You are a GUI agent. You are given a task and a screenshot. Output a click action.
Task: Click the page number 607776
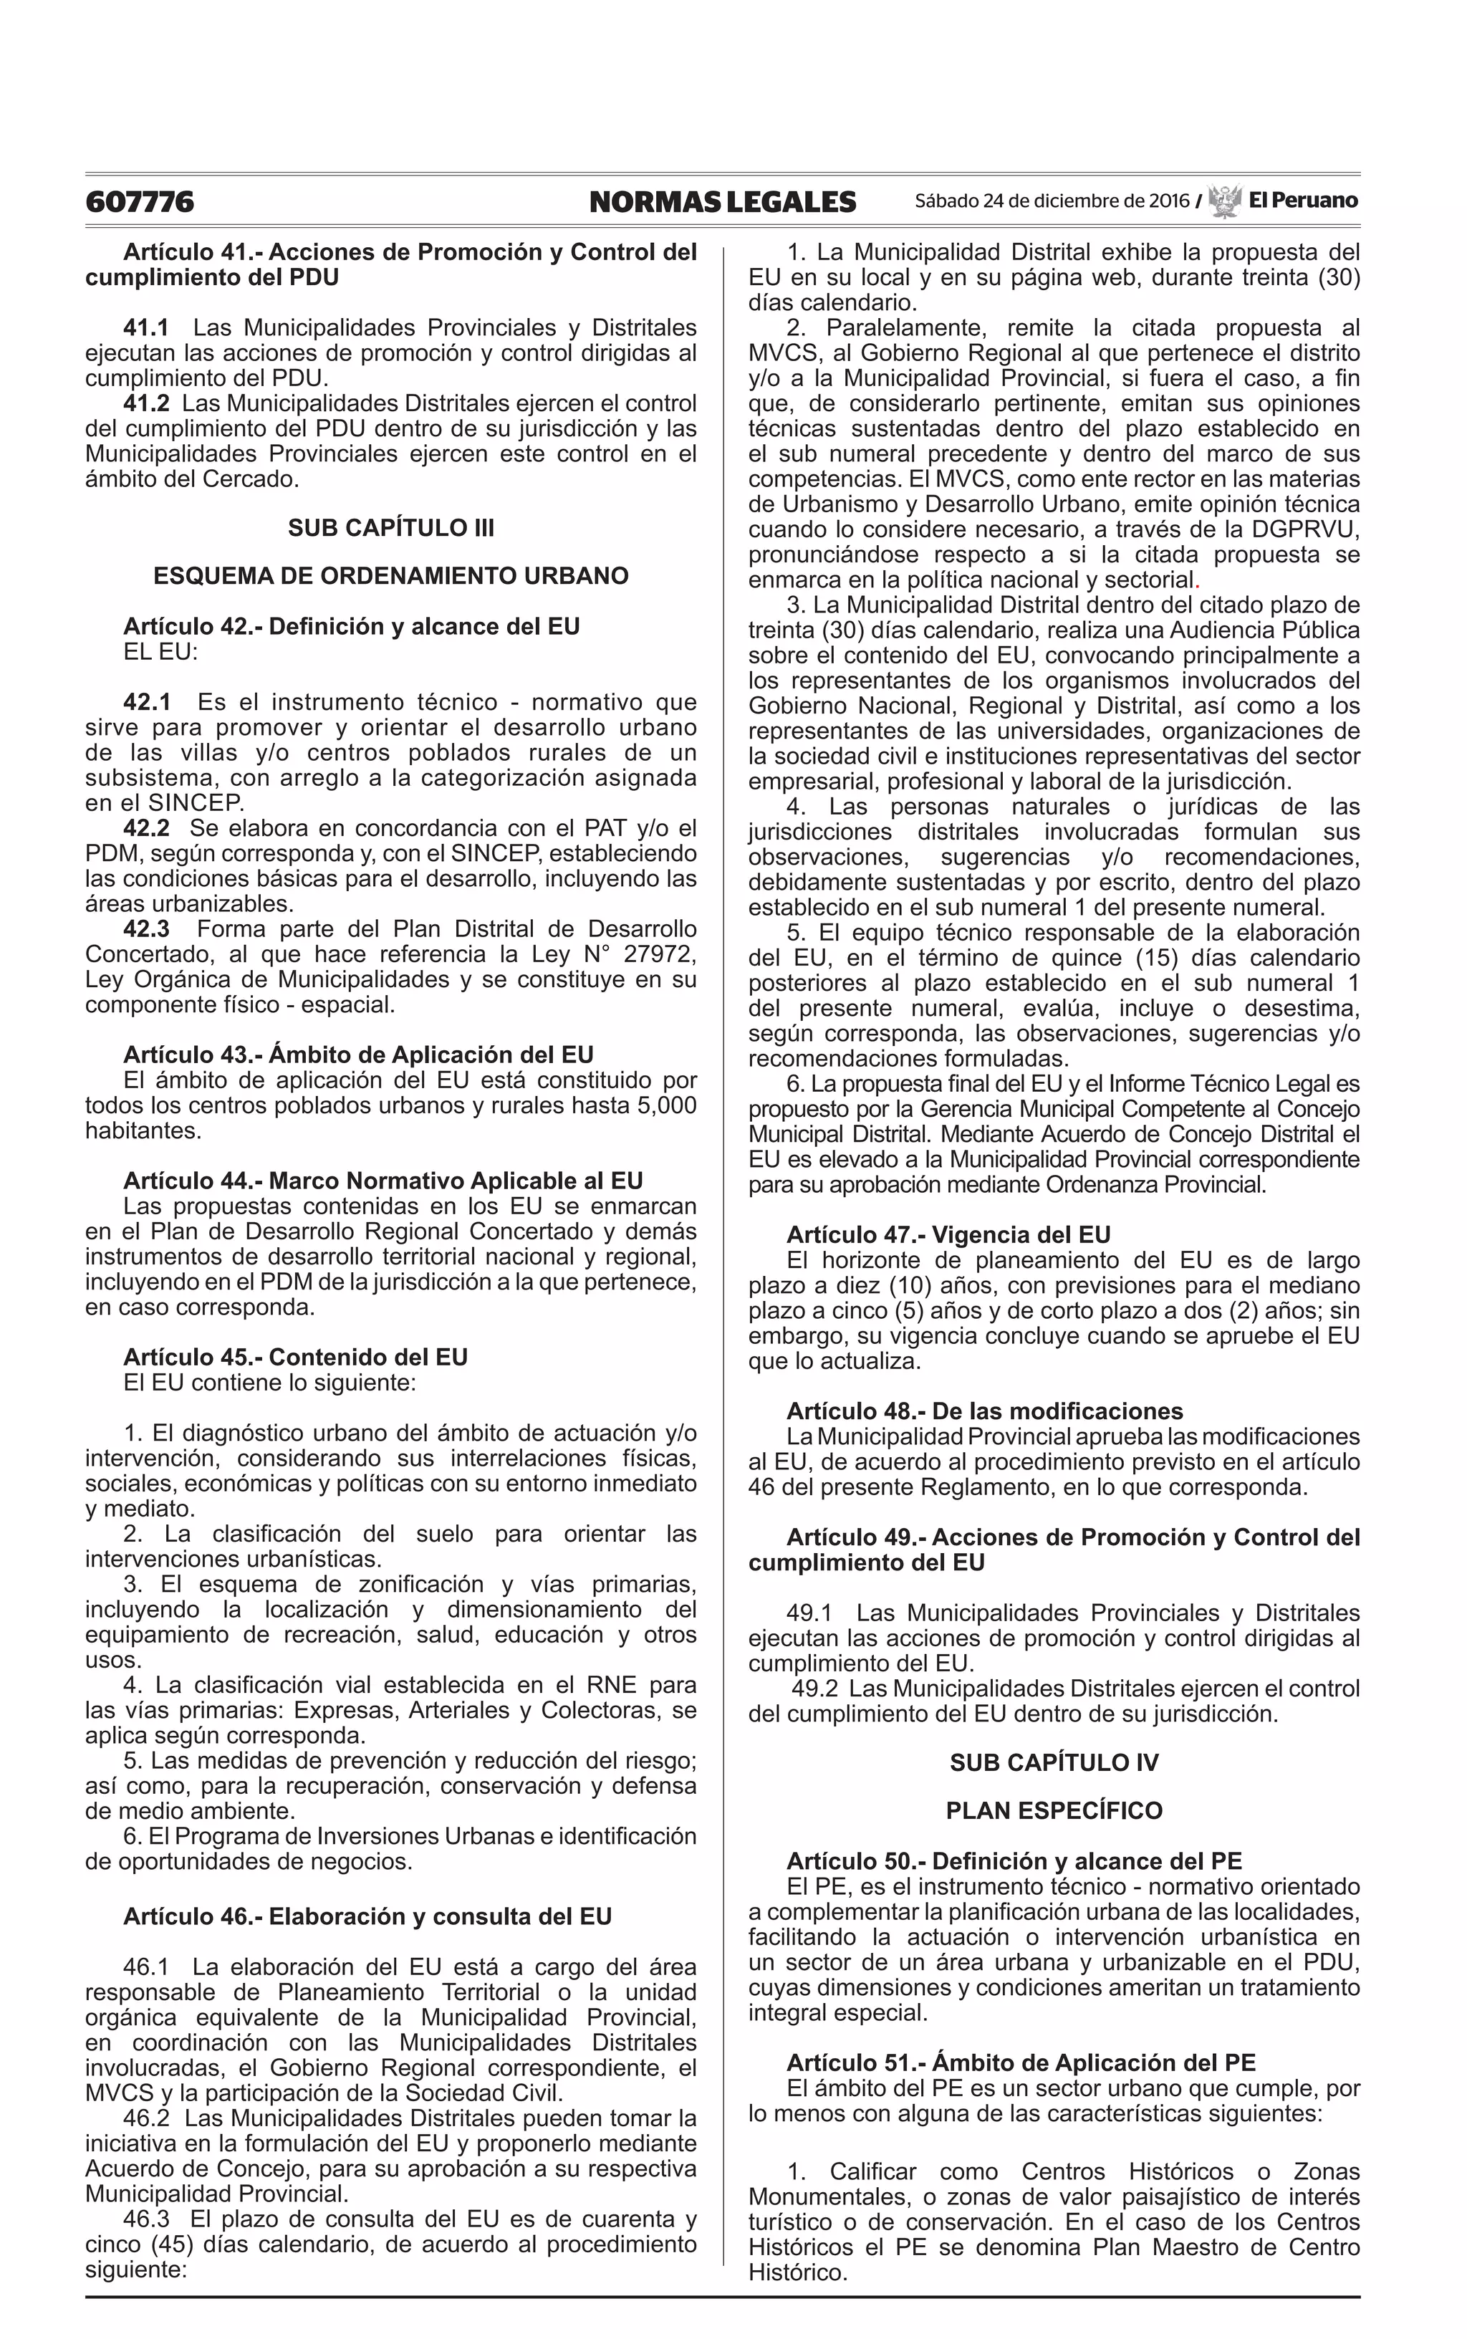140,202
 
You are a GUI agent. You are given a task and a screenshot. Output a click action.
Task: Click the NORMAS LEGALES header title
722,202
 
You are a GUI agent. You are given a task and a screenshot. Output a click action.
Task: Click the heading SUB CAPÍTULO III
391,528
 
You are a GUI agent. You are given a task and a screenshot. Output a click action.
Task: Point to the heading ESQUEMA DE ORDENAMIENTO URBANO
391,576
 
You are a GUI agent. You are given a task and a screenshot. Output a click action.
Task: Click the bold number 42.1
147,702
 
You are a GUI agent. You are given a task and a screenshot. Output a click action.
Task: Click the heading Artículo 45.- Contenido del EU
295,1358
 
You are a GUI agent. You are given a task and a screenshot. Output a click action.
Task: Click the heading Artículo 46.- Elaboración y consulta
367,1917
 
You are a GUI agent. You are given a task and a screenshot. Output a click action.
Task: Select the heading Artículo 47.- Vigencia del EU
948,1235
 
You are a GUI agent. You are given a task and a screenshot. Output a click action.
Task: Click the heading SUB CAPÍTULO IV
1054,1763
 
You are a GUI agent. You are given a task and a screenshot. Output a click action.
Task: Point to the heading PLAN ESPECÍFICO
1054,1811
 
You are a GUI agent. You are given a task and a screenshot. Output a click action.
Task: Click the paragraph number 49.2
816,1689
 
